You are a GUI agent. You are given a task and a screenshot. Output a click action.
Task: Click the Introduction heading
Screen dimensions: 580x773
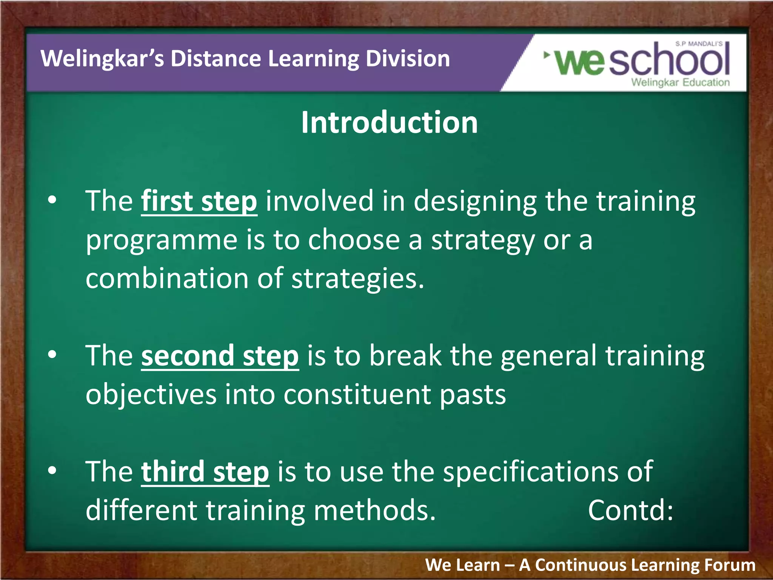click(389, 123)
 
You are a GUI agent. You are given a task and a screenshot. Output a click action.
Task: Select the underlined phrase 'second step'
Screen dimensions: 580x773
click(220, 356)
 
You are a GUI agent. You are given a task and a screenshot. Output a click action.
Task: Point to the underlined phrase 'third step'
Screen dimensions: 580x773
click(205, 472)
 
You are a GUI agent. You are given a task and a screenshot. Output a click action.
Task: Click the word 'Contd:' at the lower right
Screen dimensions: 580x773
click(630, 510)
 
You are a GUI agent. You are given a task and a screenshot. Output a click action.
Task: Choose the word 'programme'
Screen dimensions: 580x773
click(161, 241)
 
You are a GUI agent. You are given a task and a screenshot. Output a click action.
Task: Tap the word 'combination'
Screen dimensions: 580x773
click(167, 279)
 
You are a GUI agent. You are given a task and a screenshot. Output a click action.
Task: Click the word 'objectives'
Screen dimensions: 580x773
click(151, 395)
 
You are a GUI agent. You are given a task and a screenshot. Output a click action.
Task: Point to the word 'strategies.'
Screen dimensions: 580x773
click(358, 279)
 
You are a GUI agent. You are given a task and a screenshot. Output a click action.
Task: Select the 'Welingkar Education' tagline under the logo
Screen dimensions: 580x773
click(680, 82)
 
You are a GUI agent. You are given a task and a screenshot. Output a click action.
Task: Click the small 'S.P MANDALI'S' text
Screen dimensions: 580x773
click(699, 44)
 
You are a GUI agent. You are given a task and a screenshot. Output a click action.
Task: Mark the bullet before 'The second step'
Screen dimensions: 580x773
click(52, 355)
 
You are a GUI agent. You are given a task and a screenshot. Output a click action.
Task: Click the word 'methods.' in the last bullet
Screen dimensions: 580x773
click(374, 511)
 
